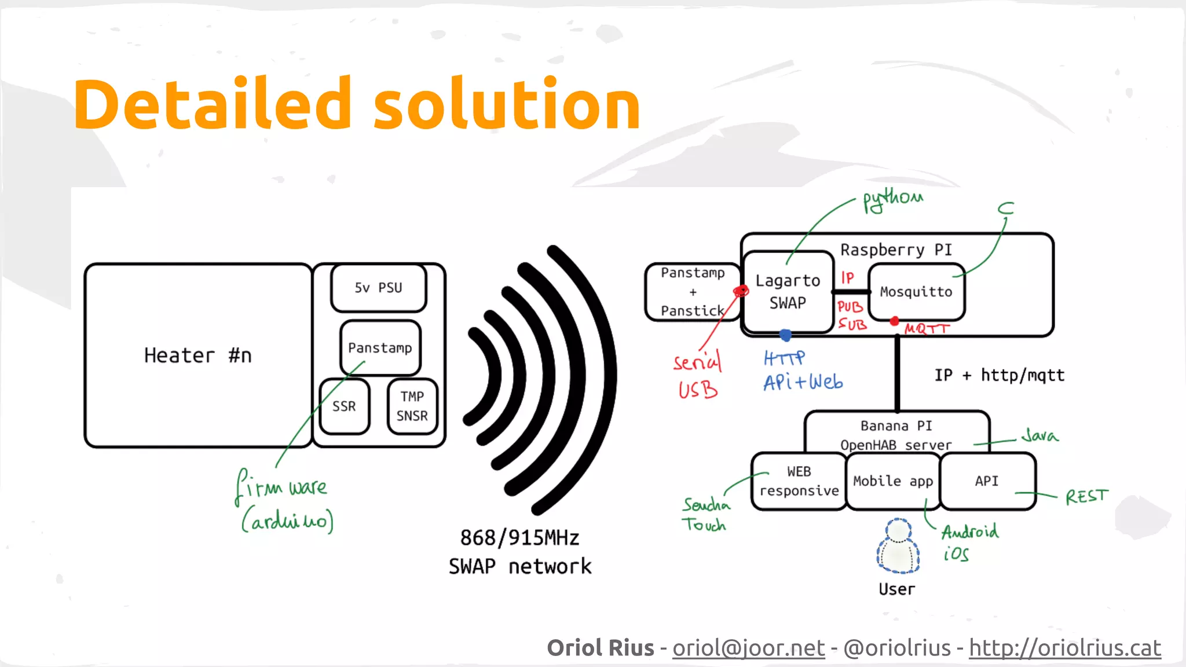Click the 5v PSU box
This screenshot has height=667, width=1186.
coord(378,288)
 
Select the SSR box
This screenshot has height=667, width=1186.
coord(344,406)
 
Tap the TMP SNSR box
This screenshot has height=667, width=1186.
coord(412,406)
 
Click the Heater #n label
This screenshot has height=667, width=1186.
coord(197,356)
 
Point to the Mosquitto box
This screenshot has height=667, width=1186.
coord(916,292)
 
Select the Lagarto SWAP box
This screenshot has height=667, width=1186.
coord(788,292)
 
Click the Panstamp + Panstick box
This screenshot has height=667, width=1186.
coord(693,292)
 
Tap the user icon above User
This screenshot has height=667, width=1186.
coord(898,546)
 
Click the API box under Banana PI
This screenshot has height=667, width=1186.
coord(987,481)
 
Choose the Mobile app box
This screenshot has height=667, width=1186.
coord(892,481)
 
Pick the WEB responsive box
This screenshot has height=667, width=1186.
coord(799,481)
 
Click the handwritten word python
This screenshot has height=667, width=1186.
coord(892,200)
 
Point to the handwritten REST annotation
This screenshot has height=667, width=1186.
coord(1086,496)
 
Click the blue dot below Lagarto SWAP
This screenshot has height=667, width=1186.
coord(785,335)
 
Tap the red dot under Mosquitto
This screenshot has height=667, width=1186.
coord(895,321)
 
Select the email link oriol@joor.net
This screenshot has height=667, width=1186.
coord(748,648)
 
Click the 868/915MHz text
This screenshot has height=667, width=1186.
coord(519,538)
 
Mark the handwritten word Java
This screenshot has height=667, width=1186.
coord(1039,435)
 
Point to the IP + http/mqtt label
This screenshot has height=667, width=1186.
coord(999,375)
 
